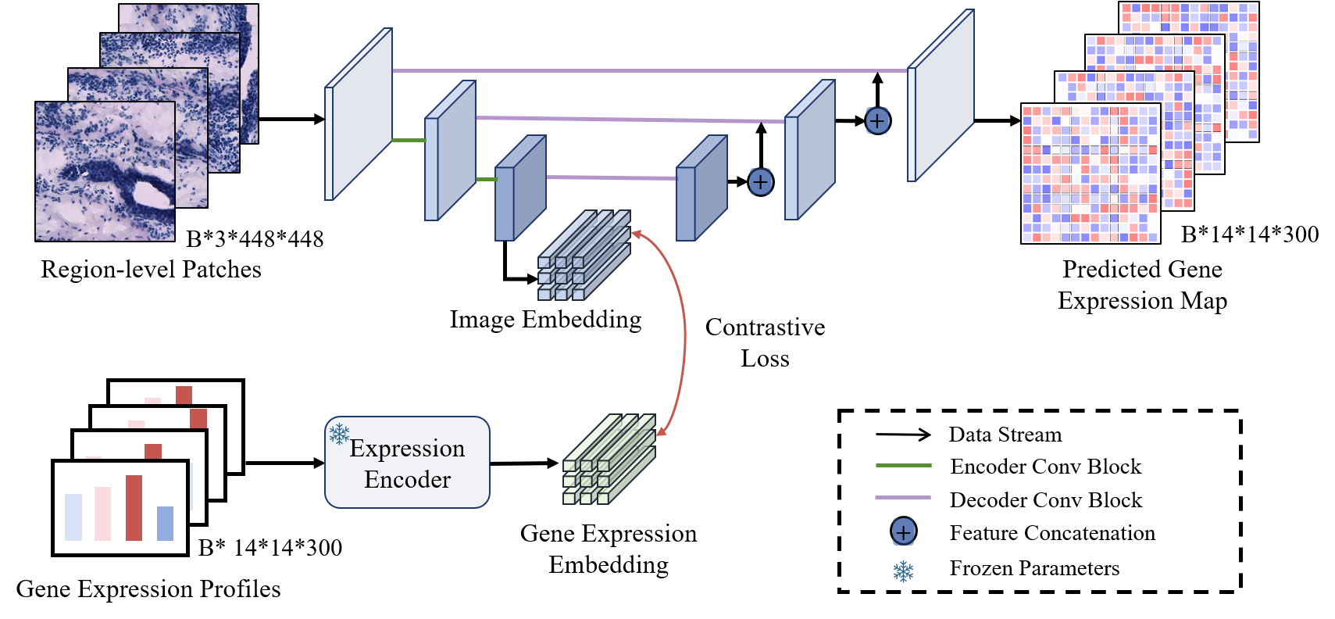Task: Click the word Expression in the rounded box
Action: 407,449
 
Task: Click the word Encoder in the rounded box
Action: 407,479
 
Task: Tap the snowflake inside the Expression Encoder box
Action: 339,434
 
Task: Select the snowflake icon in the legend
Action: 903,571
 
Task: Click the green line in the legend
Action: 903,465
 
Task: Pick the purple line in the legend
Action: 903,497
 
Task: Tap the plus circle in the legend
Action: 903,532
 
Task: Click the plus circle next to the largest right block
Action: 877,120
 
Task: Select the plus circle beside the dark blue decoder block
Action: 760,181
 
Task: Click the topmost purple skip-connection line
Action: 648,70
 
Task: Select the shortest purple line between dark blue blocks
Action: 611,177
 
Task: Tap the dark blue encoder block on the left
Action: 519,190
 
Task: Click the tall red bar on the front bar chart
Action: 134,508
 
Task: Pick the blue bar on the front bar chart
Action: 165,524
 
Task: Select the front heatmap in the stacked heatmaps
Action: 1090,174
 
